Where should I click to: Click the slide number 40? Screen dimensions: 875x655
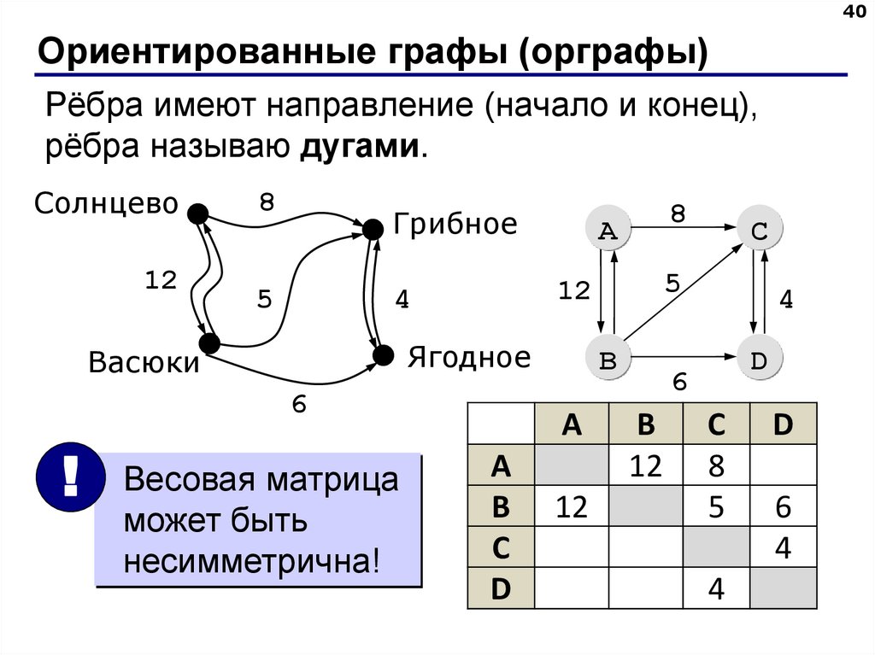tap(854, 13)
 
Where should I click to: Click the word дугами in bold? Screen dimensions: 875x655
tap(360, 145)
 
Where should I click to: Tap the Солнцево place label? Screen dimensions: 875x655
tap(106, 204)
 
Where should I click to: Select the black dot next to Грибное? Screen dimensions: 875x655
tap(372, 229)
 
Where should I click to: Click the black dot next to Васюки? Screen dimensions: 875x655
tap(208, 343)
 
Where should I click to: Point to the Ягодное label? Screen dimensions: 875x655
tap(468, 357)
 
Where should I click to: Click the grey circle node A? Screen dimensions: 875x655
tap(608, 230)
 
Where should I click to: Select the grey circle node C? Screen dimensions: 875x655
tap(759, 230)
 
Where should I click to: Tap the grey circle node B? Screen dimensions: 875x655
tap(608, 360)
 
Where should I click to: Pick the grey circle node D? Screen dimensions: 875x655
tap(759, 360)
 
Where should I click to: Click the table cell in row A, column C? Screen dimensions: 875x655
tap(715, 466)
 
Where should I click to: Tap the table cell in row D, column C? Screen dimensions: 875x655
tap(715, 589)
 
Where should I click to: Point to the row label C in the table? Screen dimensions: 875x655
tap(501, 548)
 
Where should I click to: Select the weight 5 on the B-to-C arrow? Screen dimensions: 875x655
tap(672, 283)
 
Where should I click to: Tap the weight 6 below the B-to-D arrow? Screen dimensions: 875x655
tap(680, 383)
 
